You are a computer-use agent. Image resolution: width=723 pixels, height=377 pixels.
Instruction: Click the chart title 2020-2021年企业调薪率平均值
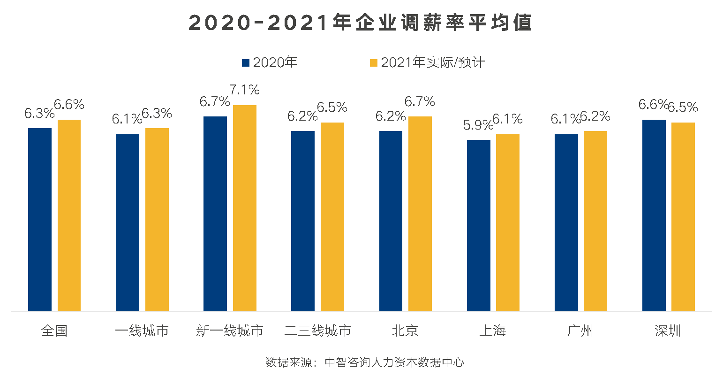360,23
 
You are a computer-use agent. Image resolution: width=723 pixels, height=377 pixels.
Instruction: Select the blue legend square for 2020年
245,62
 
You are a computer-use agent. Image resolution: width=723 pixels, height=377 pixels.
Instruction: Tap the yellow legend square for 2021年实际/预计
374,62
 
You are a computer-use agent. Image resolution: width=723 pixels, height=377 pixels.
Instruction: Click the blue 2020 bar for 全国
40,220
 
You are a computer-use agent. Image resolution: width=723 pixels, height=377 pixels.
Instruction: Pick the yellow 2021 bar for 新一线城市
245,208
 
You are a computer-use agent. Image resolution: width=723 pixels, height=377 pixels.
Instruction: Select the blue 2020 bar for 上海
479,226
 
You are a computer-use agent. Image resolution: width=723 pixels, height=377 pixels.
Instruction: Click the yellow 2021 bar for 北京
420,214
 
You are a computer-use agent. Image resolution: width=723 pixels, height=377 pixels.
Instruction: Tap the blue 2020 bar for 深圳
654,215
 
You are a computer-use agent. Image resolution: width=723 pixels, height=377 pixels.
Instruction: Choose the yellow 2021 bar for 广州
595,221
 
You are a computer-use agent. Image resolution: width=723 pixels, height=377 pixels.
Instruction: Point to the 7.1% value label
244,89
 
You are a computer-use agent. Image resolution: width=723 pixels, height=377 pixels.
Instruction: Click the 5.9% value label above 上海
478,125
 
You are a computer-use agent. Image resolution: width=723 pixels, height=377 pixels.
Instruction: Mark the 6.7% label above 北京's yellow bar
420,101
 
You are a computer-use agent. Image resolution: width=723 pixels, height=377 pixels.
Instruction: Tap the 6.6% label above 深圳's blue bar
653,104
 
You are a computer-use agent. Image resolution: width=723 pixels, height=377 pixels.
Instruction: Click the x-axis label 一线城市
142,331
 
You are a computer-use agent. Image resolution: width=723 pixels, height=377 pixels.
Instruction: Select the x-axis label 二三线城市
317,331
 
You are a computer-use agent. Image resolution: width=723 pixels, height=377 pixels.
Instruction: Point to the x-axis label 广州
580,331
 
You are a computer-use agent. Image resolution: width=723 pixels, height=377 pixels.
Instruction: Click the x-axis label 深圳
668,331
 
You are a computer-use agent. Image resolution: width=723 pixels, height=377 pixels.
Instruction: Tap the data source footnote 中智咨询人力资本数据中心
365,362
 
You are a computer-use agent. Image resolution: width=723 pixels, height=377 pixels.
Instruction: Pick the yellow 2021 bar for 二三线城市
332,217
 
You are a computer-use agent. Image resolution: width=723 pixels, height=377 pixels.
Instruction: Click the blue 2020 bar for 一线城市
128,223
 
